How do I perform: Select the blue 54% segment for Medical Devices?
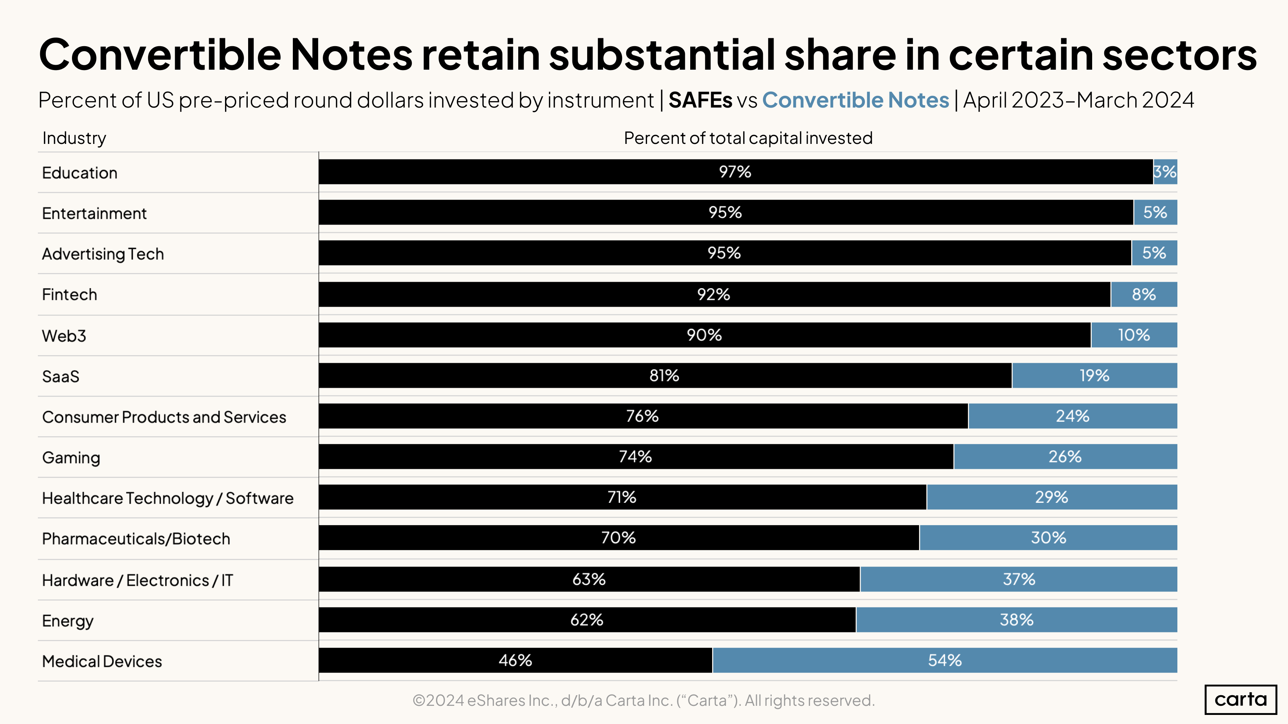tap(944, 660)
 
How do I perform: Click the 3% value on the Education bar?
tap(1165, 172)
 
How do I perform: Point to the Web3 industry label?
tap(64, 336)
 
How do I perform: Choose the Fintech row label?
tap(69, 295)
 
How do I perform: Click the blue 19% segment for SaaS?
tap(1094, 375)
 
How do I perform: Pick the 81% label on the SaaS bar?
tap(664, 375)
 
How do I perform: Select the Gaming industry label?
tap(71, 458)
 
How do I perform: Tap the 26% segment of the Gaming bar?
tap(1065, 456)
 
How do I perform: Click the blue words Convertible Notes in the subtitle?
tap(855, 100)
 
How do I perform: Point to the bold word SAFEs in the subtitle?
tap(700, 100)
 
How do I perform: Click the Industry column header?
tap(74, 138)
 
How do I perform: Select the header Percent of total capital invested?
tap(748, 138)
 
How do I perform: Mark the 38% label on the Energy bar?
tap(1016, 619)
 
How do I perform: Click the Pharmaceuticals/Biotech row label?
tap(136, 538)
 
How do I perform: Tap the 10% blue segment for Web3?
tap(1133, 335)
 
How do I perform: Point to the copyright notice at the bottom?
tap(644, 701)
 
